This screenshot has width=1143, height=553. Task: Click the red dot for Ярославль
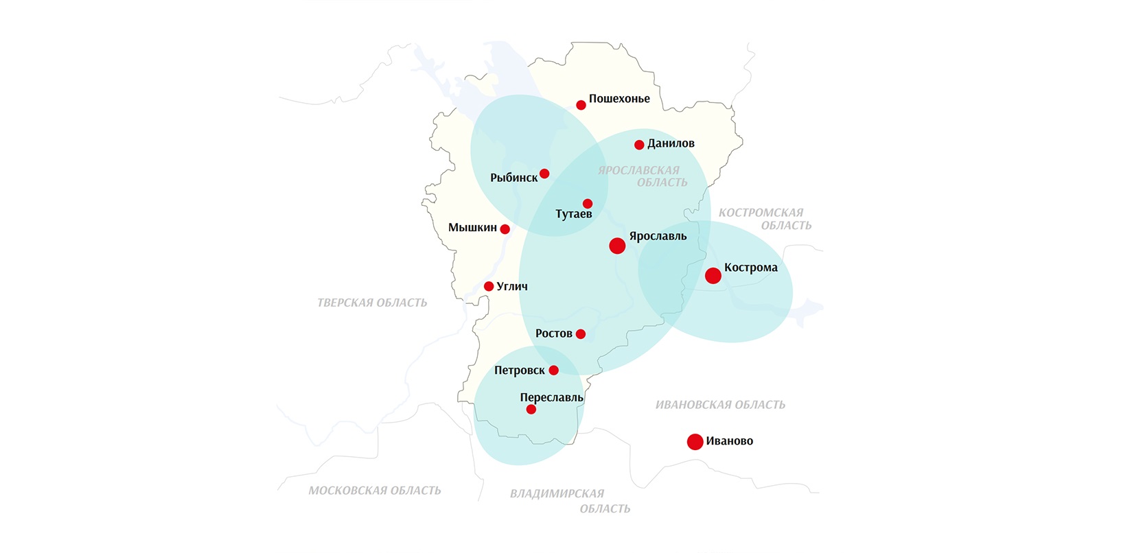pos(617,246)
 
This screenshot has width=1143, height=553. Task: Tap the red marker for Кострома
pos(713,276)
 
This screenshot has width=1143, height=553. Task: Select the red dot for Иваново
pos(695,442)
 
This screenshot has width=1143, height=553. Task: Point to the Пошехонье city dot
pos(581,105)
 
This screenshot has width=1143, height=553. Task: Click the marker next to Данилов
pos(639,145)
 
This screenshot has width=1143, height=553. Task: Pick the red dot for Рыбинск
pos(544,174)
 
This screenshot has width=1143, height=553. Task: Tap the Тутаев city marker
pos(588,204)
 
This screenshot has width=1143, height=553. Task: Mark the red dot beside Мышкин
pos(505,229)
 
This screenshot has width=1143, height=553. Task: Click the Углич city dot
pos(489,287)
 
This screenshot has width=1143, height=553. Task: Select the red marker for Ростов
pos(581,334)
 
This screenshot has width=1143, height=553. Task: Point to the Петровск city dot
pos(554,370)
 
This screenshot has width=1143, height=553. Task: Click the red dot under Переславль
pos(531,410)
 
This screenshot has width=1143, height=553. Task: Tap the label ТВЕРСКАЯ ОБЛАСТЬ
pos(372,303)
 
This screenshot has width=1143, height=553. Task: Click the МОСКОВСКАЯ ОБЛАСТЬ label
pos(375,491)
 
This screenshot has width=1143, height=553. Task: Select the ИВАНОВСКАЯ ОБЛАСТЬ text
pos(720,405)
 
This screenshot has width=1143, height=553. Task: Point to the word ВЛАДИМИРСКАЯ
pos(557,493)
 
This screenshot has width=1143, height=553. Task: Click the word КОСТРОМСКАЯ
pos(761,213)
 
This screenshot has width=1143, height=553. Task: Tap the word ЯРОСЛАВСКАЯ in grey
pos(638,170)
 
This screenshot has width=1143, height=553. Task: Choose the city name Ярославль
pos(658,237)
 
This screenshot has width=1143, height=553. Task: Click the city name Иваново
pos(729,441)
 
